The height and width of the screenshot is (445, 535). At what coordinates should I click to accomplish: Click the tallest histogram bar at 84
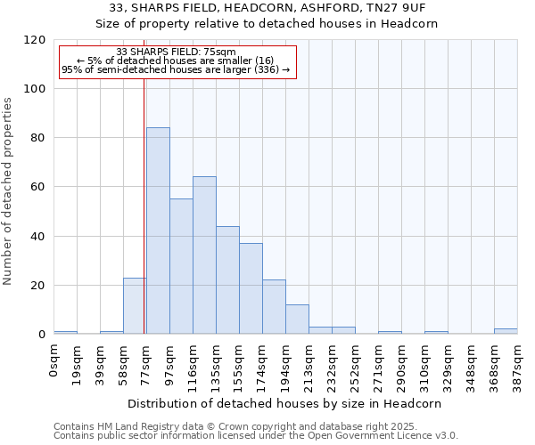point(158,231)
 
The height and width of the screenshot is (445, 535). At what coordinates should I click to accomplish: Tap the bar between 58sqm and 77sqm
point(135,306)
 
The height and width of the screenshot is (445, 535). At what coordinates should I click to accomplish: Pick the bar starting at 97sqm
point(181,266)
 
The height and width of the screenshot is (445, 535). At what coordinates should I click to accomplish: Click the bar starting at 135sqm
point(227,280)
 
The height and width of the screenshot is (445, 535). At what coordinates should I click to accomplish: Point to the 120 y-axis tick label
point(35,40)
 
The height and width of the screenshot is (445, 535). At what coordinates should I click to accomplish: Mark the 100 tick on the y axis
point(35,89)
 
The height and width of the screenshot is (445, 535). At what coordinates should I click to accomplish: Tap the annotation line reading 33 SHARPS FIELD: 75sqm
point(176,53)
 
